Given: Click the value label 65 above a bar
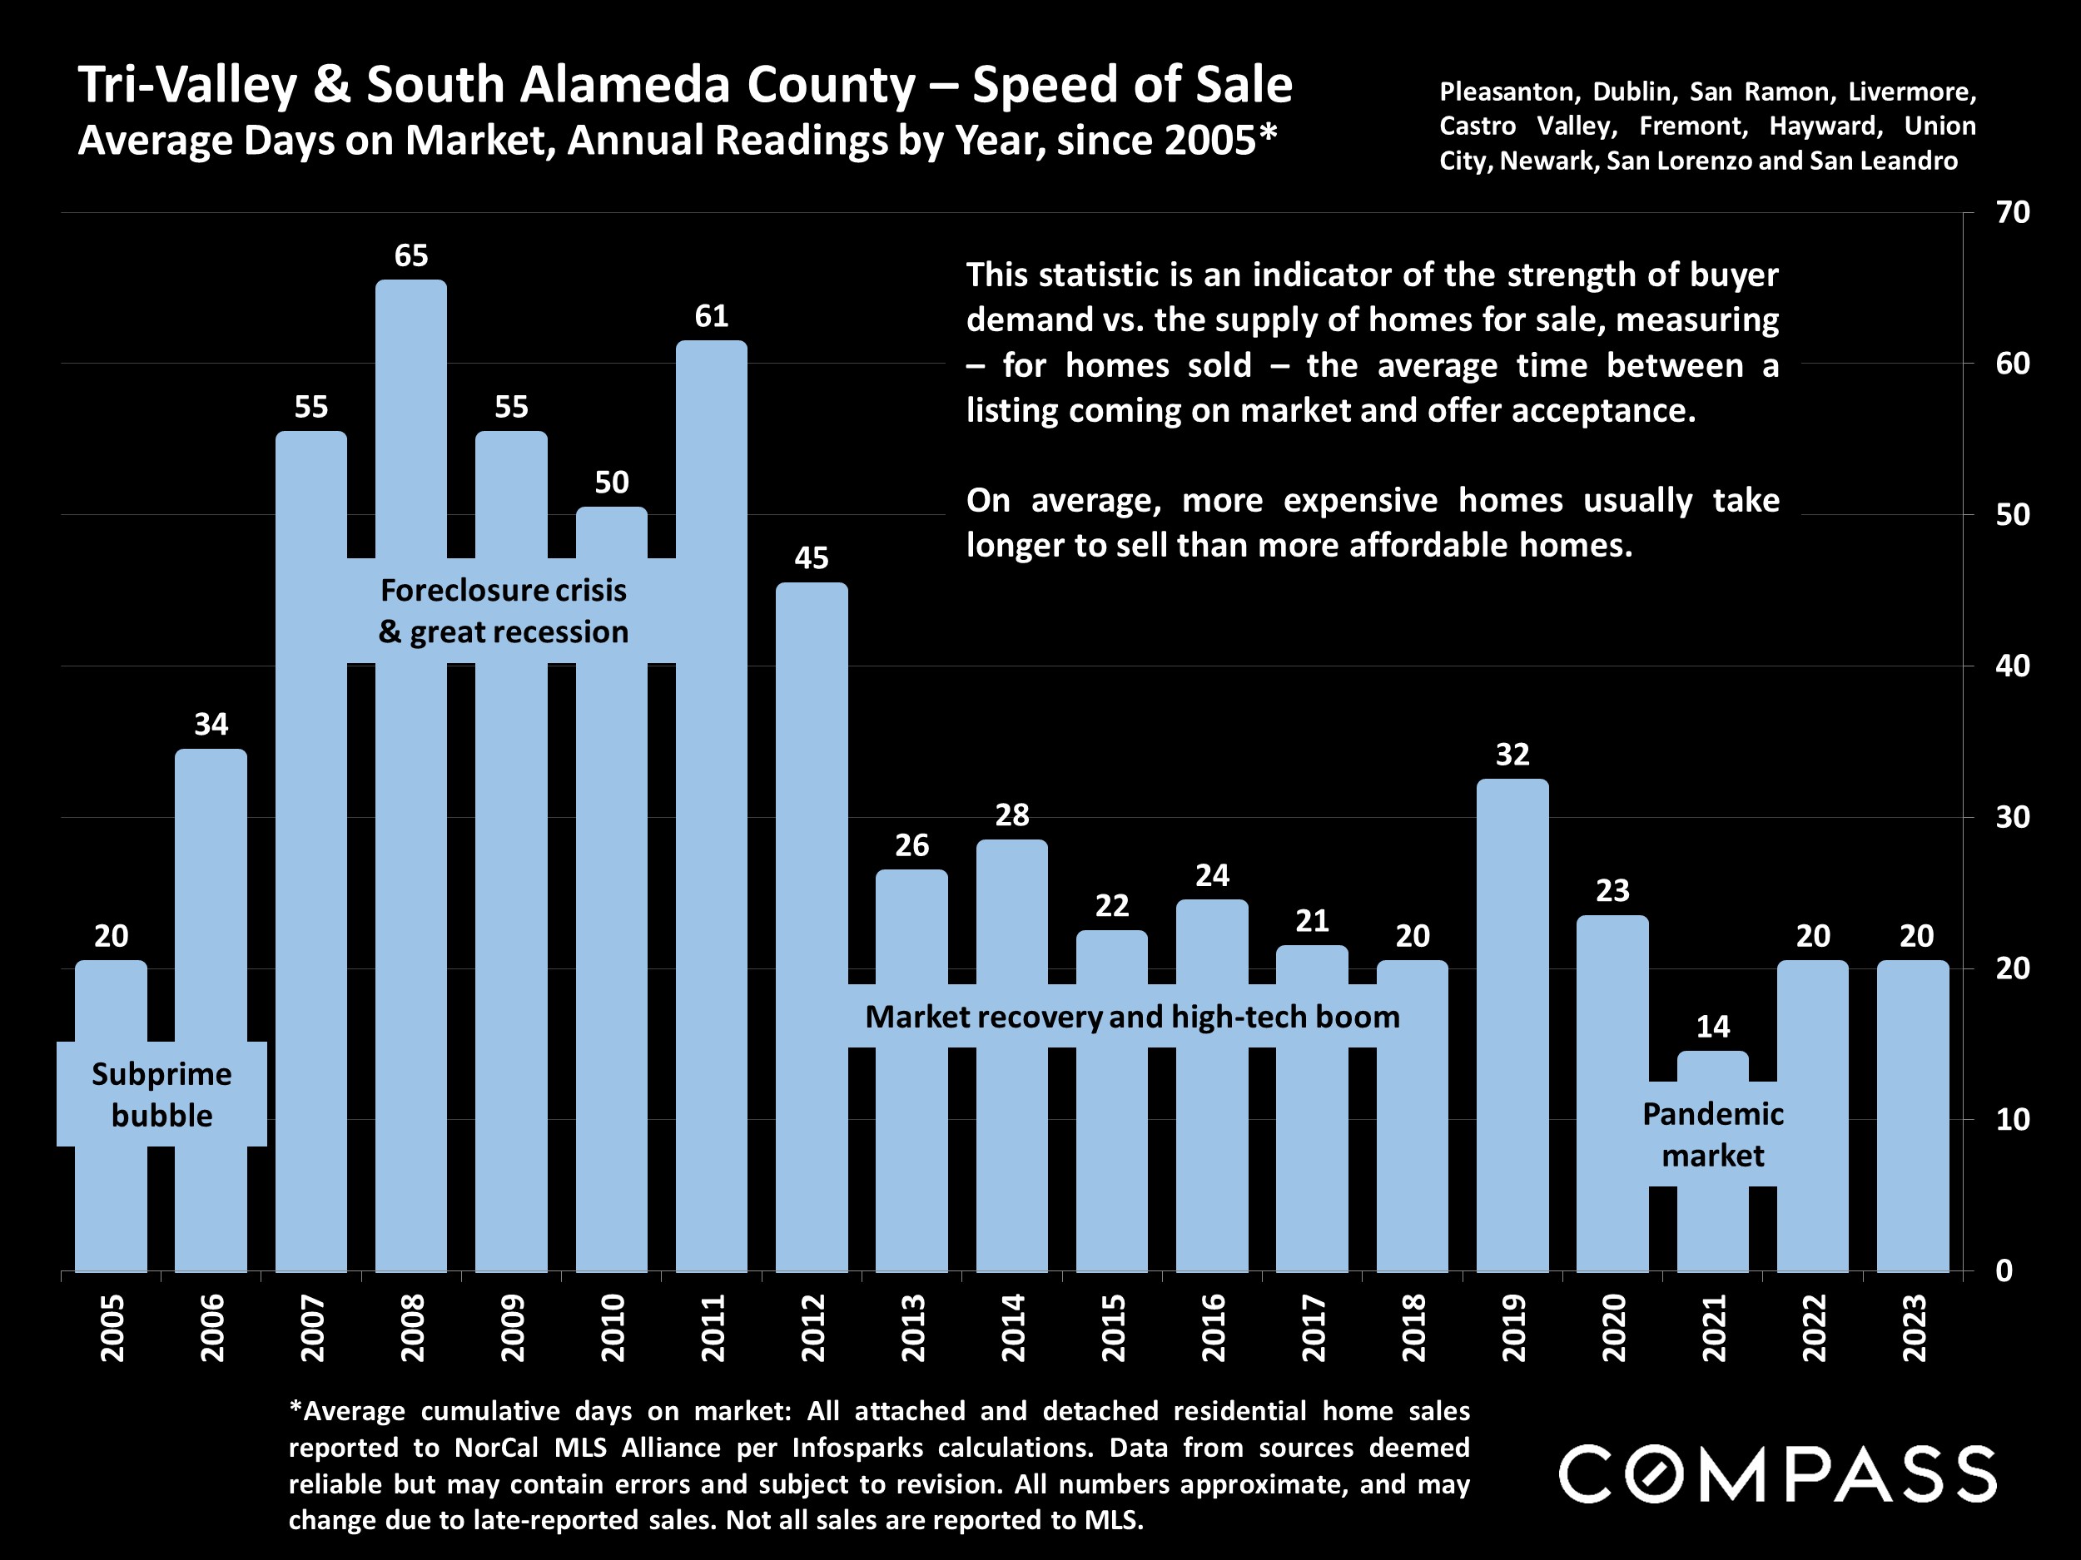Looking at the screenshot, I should pos(411,255).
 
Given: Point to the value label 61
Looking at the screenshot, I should pos(711,316).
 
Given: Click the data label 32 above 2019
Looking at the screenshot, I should pos(1512,754).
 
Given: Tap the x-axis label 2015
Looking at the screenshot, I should pos(1113,1328).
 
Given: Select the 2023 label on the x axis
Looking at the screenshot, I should pos(1915,1328).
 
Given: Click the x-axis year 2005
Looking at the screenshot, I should pos(112,1328).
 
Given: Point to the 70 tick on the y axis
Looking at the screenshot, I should pos(2012,212).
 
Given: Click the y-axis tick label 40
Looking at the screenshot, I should pos(2012,666).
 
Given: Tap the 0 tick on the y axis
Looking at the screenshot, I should pos(2004,1270).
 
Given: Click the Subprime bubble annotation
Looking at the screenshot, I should pos(161,1095).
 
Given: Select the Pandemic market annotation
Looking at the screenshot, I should pos(1712,1134).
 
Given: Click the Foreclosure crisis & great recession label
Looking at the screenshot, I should pos(504,612).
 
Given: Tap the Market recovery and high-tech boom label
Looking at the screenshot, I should pos(1132,1017).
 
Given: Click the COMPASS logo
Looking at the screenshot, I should pos(1777,1474).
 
